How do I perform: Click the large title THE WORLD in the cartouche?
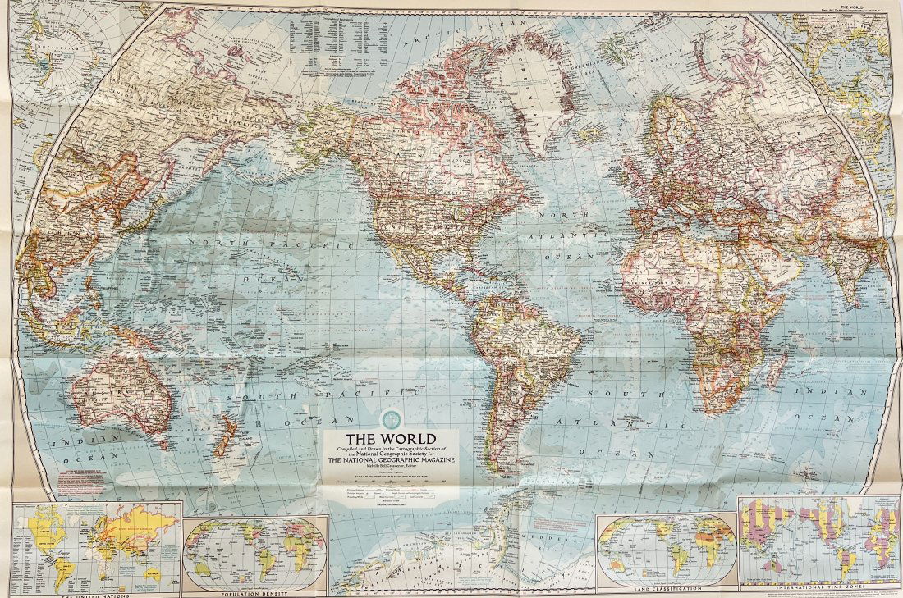390,438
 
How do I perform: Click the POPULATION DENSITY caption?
254,592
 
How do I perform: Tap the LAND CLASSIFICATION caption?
667,588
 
